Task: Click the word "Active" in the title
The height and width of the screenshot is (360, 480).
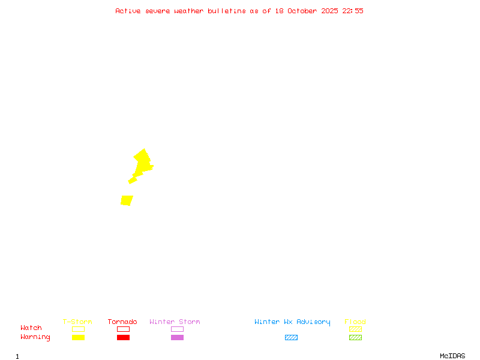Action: (128, 11)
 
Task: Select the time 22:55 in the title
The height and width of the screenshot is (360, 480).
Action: (353, 11)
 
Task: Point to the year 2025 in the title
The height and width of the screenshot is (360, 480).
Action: (329, 11)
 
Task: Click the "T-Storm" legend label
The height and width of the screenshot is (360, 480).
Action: (77, 322)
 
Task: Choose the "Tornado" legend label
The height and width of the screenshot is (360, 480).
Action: (122, 322)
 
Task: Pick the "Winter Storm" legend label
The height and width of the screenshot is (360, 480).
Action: (175, 322)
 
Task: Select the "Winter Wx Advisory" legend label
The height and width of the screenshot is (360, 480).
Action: (292, 322)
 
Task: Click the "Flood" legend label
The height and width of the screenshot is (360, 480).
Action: (355, 322)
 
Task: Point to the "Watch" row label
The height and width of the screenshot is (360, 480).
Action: (31, 328)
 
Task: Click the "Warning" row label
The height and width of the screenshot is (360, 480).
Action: (35, 337)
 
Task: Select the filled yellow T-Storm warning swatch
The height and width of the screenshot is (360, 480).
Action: (78, 338)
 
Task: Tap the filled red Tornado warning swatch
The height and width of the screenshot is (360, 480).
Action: (123, 338)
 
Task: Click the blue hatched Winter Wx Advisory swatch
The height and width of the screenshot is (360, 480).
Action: (291, 338)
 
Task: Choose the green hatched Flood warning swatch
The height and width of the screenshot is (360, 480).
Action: (355, 338)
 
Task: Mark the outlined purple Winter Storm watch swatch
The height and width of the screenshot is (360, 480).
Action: (177, 329)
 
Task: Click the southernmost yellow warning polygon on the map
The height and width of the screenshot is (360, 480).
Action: (127, 200)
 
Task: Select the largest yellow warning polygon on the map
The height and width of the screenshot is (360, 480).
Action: (143, 162)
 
